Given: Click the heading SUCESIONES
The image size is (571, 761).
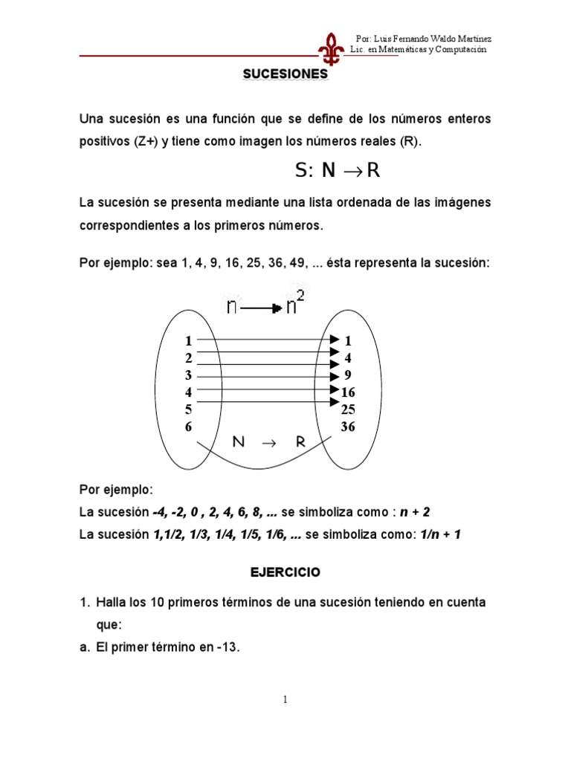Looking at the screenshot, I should click(285, 74).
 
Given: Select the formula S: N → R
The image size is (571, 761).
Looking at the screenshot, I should click(337, 171).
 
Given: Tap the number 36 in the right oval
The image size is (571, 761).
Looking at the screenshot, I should click(348, 427).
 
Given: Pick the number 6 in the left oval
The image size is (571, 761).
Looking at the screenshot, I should click(189, 427).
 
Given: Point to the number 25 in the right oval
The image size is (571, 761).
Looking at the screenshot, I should click(348, 409).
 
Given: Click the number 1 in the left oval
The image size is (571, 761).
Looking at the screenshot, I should click(189, 341).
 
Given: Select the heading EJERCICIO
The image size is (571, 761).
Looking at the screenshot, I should click(285, 572).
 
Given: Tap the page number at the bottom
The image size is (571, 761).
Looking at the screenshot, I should click(285, 699).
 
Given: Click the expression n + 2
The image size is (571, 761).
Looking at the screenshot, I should click(415, 512).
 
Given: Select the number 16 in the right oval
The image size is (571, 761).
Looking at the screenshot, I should click(348, 392).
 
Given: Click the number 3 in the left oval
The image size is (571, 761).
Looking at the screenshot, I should click(189, 375).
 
